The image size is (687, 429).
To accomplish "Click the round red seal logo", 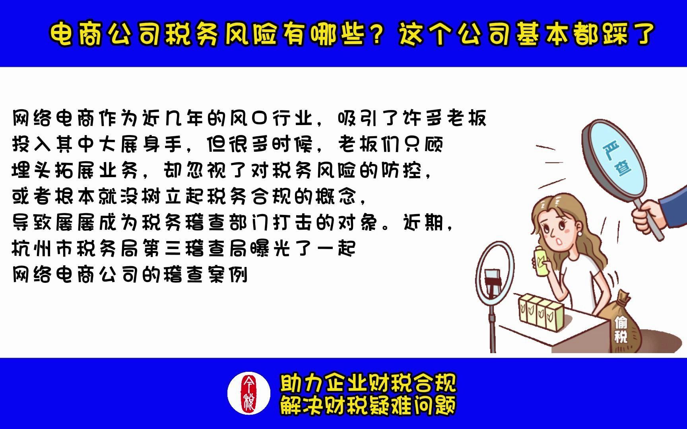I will click(x=249, y=393).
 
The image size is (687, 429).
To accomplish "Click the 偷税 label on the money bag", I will click(x=621, y=330).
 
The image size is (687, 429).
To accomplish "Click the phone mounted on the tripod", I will click(x=493, y=280).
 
